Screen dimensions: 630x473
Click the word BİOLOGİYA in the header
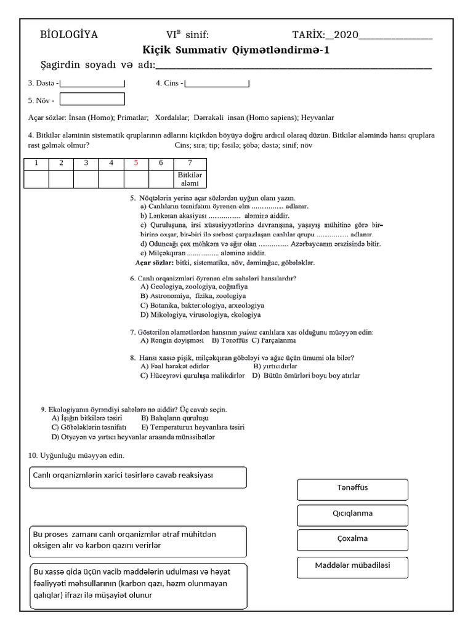(x=69, y=35)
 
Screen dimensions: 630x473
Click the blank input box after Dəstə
(x=92, y=83)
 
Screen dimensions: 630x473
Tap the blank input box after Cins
(x=217, y=83)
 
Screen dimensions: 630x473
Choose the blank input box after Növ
(x=92, y=99)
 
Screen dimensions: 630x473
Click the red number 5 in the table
(x=136, y=163)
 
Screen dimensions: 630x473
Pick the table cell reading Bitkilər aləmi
(x=190, y=179)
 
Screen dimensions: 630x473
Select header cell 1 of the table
(x=36, y=163)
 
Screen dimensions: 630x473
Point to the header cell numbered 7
(x=190, y=163)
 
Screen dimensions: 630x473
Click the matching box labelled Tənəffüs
(x=352, y=488)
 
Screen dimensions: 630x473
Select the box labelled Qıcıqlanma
(x=352, y=514)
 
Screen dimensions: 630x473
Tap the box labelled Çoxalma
(x=352, y=539)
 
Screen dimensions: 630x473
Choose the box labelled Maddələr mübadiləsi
(x=352, y=566)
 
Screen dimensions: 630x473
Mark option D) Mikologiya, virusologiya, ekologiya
(x=192, y=315)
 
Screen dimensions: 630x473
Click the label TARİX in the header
(x=308, y=35)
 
